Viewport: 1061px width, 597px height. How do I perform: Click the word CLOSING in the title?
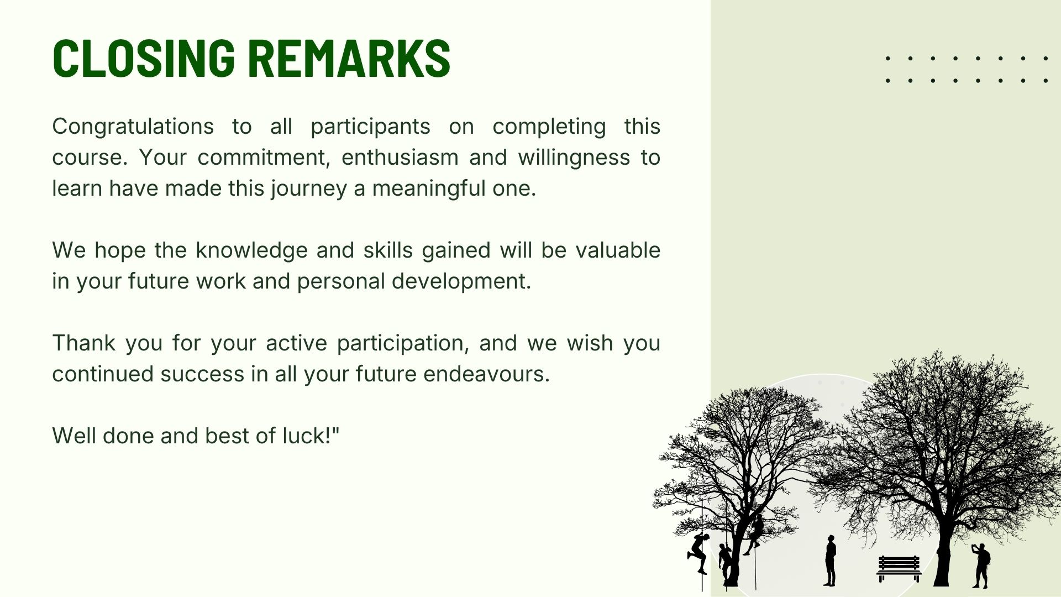pos(144,58)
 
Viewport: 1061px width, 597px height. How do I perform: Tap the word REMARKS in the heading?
pos(349,58)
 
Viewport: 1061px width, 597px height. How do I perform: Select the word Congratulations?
pos(133,127)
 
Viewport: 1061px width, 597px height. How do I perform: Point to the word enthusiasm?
pos(400,158)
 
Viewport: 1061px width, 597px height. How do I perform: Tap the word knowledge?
pos(251,250)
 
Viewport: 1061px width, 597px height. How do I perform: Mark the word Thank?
pos(84,343)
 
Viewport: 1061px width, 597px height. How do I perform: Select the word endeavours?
pos(486,374)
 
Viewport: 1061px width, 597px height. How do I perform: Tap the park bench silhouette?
pos(899,568)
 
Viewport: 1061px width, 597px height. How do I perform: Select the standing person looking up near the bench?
pos(830,561)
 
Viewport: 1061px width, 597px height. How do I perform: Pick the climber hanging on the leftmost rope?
pos(698,553)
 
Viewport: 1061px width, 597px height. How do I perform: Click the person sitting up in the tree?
pos(755,534)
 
